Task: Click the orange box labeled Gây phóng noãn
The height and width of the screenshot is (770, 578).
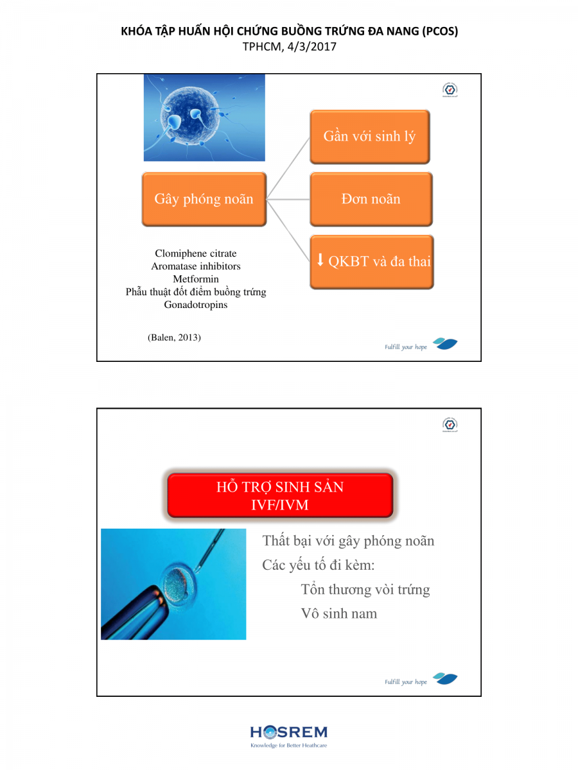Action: point(204,199)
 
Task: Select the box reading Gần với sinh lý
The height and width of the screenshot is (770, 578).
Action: point(369,137)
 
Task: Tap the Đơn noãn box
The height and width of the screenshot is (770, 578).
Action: point(371,199)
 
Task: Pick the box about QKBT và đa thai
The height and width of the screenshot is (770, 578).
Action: point(372,262)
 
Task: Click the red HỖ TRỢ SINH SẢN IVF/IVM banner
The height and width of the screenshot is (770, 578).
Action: point(279,495)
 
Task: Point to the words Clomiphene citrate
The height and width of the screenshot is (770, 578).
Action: point(196,254)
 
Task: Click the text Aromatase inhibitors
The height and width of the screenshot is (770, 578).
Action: point(196,266)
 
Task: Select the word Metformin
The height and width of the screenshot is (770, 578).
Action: point(196,279)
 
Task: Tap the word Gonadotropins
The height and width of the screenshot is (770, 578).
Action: point(196,305)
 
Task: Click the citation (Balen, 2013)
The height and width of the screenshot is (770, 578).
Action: point(174,338)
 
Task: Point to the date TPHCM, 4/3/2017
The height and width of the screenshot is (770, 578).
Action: point(289,46)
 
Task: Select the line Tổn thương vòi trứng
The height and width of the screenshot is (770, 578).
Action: point(365,590)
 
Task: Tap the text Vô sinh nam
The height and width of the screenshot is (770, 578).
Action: point(339,613)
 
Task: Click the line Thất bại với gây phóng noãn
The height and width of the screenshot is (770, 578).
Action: point(348,541)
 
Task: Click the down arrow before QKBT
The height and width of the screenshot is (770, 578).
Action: point(320,261)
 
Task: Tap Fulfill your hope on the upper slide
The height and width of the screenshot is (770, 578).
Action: point(406,347)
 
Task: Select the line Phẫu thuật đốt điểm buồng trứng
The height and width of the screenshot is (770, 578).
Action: point(196,292)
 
